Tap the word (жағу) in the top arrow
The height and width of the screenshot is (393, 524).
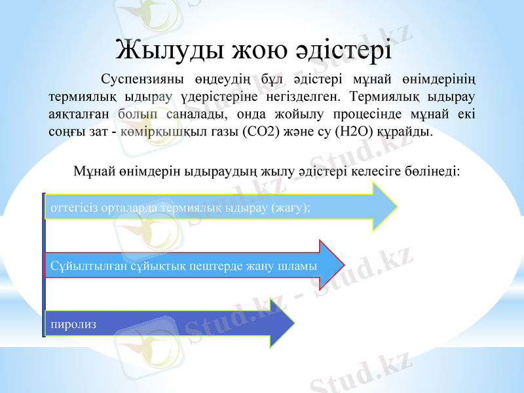(291, 208)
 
